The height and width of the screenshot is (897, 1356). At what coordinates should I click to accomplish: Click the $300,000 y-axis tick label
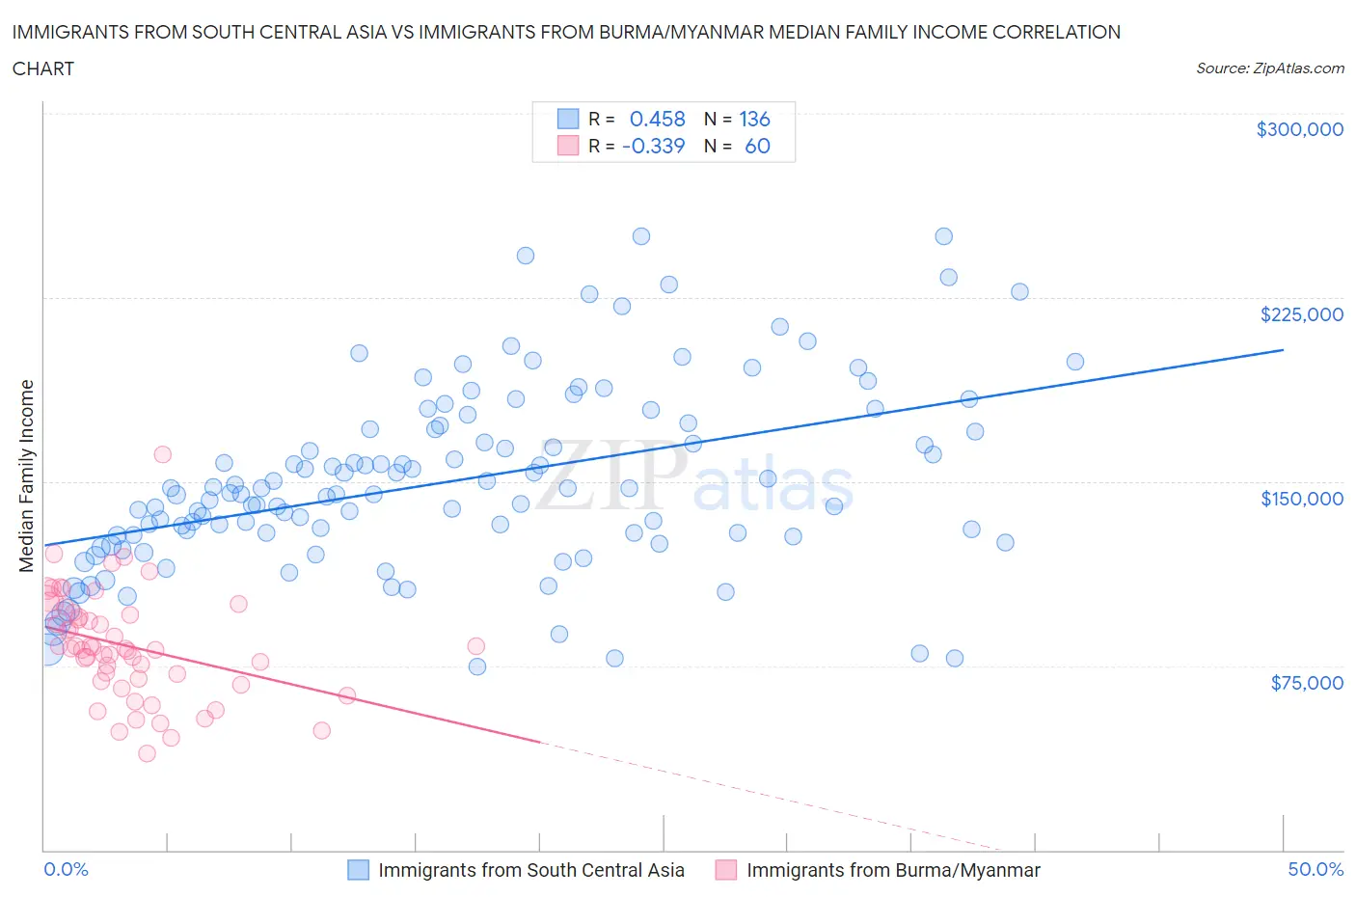click(x=1299, y=129)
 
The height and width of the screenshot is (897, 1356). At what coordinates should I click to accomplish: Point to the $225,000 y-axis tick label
click(x=1301, y=313)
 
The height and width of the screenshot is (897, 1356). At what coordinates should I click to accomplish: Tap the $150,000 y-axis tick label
click(x=1301, y=498)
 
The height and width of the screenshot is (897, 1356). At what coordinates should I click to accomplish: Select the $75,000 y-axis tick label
click(x=1307, y=683)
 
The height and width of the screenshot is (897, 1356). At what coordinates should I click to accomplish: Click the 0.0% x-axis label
click(x=66, y=869)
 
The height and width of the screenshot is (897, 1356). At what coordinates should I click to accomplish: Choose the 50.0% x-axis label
click(x=1315, y=869)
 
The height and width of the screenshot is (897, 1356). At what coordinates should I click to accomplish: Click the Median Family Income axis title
click(x=27, y=476)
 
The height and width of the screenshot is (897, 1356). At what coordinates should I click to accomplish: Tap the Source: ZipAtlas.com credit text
click(x=1269, y=68)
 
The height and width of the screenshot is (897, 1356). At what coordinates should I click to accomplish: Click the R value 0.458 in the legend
click(x=657, y=119)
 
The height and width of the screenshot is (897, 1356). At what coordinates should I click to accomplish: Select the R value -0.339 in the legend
click(x=653, y=146)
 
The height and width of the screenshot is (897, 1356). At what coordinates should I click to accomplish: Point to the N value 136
click(x=754, y=119)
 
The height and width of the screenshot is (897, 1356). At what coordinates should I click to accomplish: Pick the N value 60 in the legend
click(x=757, y=146)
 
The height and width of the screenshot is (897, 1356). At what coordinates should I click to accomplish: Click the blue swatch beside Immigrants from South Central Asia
click(x=358, y=870)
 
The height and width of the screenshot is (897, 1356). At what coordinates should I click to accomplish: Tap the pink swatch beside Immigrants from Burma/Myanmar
click(x=726, y=870)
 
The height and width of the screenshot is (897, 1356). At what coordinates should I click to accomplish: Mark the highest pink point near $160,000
click(x=162, y=454)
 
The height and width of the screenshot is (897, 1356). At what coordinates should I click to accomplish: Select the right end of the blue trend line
click(x=1283, y=349)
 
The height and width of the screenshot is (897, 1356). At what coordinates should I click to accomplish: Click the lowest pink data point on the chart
click(x=147, y=753)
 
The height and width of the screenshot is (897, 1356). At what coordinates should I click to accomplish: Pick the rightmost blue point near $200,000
click(x=1074, y=362)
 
